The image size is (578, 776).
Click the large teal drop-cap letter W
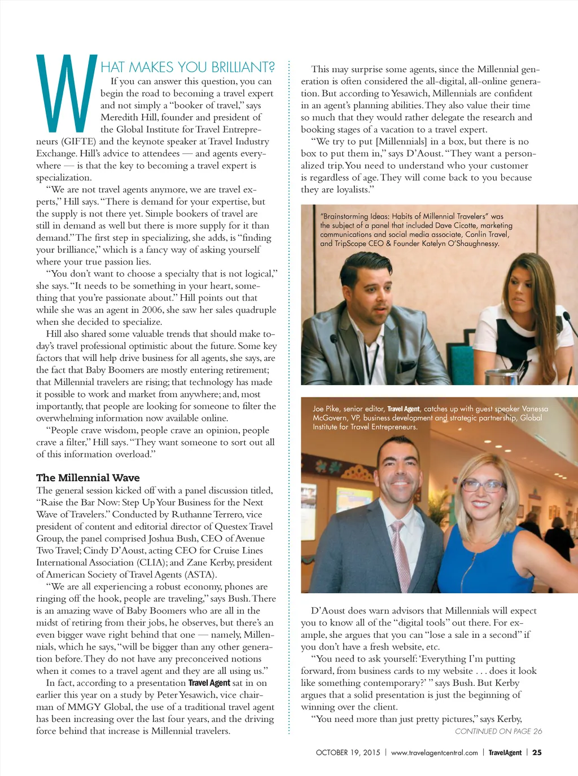coord(67,93)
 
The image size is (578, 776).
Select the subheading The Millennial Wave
coord(88,478)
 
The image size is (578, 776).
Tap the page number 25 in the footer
coord(537,752)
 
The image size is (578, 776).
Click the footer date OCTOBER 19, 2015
coord(348,752)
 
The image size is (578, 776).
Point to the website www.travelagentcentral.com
coord(434,752)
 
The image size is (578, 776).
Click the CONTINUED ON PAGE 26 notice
coord(498,731)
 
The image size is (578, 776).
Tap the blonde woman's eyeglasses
coord(483,485)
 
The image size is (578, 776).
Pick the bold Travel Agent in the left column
coord(209,683)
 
